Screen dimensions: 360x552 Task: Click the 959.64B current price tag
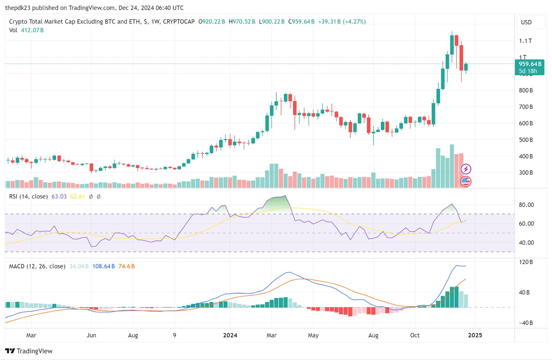pyautogui.click(x=530, y=64)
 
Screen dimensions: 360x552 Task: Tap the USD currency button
pyautogui.click(x=526, y=22)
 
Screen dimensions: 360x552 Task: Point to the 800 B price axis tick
pyautogui.click(x=526, y=90)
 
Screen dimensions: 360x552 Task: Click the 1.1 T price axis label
pyautogui.click(x=525, y=41)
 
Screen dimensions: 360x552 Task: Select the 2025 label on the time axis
pyautogui.click(x=475, y=335)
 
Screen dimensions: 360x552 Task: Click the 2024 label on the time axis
pyautogui.click(x=230, y=335)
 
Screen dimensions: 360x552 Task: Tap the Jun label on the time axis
pyautogui.click(x=91, y=335)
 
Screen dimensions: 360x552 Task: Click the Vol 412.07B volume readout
pyautogui.click(x=26, y=30)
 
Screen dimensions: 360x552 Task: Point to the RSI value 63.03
pyautogui.click(x=59, y=197)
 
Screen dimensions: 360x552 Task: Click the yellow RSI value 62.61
pyautogui.click(x=77, y=197)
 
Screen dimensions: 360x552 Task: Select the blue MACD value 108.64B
pyautogui.click(x=103, y=266)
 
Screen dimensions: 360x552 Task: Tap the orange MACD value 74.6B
pyautogui.click(x=127, y=266)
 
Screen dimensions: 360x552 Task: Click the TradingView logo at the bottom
pyautogui.click(x=29, y=351)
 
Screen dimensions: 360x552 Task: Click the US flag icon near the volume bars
pyautogui.click(x=466, y=181)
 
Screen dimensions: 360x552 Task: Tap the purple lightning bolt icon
pyautogui.click(x=466, y=169)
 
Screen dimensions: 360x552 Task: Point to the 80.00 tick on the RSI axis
pyautogui.click(x=526, y=205)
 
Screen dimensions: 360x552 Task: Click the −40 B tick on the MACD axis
pyautogui.click(x=526, y=323)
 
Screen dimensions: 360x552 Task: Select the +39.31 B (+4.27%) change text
pyautogui.click(x=342, y=21)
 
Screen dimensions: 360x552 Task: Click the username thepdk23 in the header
pyautogui.click(x=18, y=8)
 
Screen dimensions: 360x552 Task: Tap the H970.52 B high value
pyautogui.click(x=242, y=21)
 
